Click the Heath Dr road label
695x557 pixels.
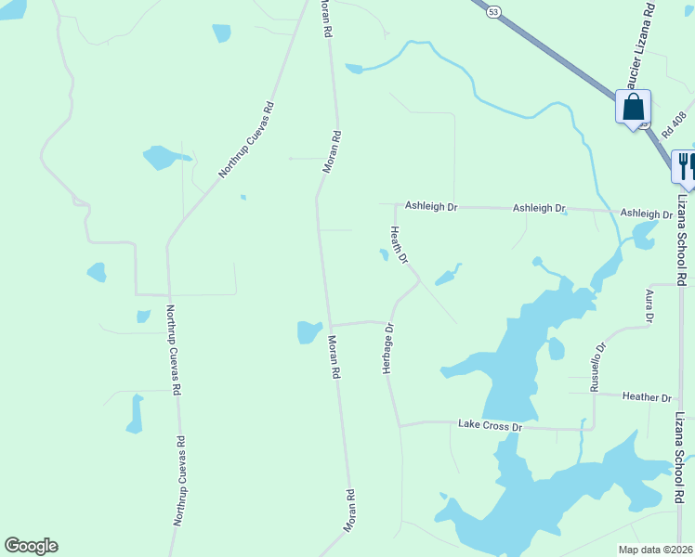pyautogui.click(x=400, y=245)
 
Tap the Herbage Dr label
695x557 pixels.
pyautogui.click(x=389, y=348)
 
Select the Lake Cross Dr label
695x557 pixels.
pyautogui.click(x=492, y=425)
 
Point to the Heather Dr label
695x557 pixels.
pyautogui.click(x=647, y=397)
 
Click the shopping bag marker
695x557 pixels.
pyautogui.click(x=633, y=107)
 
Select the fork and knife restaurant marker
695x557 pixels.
pyautogui.click(x=684, y=166)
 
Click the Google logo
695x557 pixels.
pyautogui.click(x=31, y=546)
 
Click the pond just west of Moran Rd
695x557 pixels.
pyautogui.click(x=309, y=331)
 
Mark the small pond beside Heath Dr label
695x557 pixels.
pyautogui.click(x=384, y=254)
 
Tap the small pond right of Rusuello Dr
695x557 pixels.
pyautogui.click(x=556, y=349)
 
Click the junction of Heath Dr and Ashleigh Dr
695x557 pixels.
pyautogui.click(x=397, y=206)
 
